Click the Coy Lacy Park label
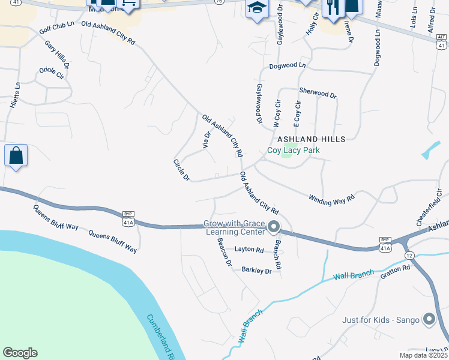(293, 151)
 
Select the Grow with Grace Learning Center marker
(274, 227)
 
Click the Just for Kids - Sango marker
(429, 319)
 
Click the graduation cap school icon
(256, 8)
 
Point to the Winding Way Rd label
(332, 199)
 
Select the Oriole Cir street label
(51, 73)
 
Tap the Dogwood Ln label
(288, 65)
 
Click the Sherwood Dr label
(318, 94)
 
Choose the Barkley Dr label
(256, 271)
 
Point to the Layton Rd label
(249, 250)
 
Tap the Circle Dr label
(181, 170)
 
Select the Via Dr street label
(206, 140)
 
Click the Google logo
(20, 353)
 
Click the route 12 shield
(409, 256)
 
